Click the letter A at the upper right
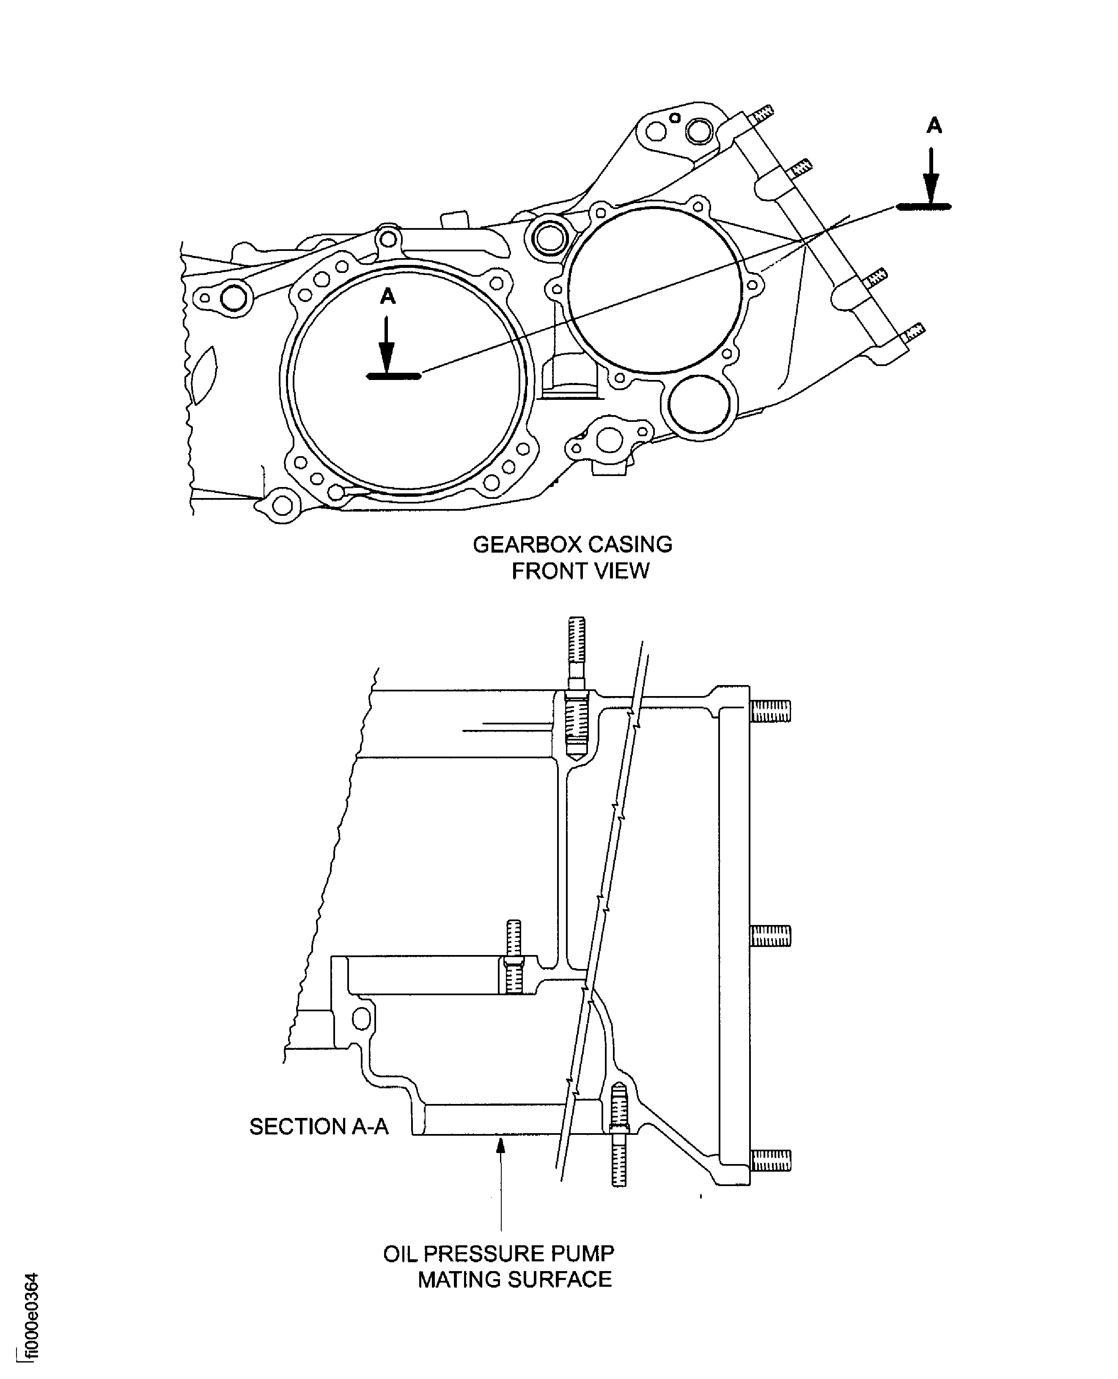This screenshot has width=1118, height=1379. click(934, 126)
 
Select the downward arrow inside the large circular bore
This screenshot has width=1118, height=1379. click(386, 344)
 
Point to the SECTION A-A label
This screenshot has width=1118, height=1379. click(319, 1126)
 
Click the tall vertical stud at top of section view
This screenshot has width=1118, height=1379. click(577, 650)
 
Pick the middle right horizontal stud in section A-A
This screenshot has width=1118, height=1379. click(770, 935)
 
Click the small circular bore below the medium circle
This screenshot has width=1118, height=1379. click(699, 405)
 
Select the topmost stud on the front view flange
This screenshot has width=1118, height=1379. click(761, 115)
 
